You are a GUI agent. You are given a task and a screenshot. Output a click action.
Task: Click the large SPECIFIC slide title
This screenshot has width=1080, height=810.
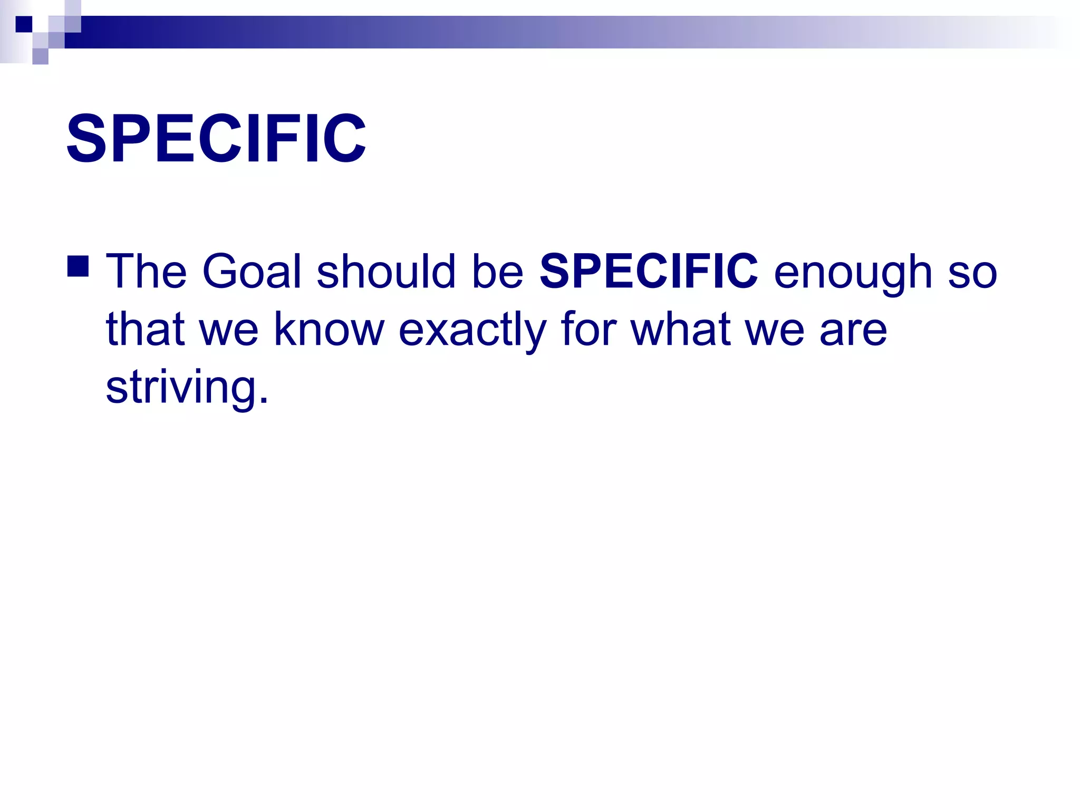coord(216,139)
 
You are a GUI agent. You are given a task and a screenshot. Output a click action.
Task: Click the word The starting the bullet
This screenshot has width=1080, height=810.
coord(146,272)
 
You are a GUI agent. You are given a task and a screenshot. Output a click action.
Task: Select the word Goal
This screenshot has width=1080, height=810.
coord(252,272)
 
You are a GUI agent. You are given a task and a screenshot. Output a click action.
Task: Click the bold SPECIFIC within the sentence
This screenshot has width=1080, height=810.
coord(649,272)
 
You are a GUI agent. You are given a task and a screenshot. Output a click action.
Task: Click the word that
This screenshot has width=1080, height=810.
coord(145,329)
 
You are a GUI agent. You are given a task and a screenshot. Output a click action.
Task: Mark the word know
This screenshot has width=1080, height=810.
coord(329,329)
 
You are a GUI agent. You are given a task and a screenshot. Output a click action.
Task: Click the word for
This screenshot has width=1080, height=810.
coord(588,329)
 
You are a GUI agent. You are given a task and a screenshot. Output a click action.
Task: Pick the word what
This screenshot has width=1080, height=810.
coord(681,329)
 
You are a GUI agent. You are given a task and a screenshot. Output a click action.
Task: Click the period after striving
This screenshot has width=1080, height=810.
coord(264,401)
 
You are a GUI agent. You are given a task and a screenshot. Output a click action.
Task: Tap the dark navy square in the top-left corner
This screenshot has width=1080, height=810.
coord(24,24)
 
